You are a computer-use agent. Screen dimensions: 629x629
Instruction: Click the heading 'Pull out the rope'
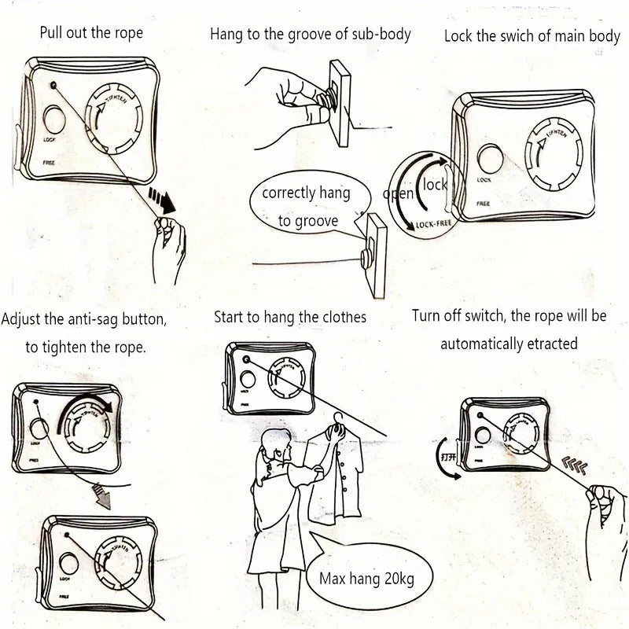click(x=92, y=34)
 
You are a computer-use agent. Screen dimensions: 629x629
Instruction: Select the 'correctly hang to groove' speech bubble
click(x=307, y=207)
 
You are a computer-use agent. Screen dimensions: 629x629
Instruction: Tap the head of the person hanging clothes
click(x=274, y=444)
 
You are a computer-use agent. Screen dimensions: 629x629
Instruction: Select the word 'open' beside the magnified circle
click(x=399, y=193)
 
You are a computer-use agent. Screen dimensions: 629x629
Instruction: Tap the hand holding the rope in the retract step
click(x=608, y=503)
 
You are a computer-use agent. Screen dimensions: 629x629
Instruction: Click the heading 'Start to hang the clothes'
click(x=290, y=318)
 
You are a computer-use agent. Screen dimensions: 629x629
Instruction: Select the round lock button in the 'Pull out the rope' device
click(x=55, y=120)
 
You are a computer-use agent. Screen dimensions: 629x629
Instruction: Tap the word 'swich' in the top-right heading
click(x=519, y=36)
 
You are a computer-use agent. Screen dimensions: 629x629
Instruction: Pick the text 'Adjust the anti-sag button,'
click(x=84, y=320)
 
